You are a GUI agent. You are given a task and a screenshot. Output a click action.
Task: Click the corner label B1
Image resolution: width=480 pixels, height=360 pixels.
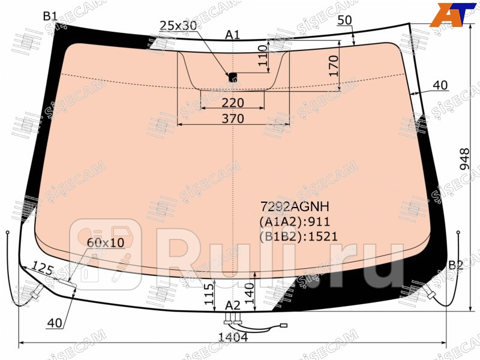point(50,16)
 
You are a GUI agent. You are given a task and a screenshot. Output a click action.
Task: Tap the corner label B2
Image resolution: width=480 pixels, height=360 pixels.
point(456,265)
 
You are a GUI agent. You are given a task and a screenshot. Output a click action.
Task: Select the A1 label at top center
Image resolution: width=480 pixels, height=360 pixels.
point(233,35)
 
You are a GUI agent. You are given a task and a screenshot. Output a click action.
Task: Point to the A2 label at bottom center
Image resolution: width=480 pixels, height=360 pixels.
point(233,305)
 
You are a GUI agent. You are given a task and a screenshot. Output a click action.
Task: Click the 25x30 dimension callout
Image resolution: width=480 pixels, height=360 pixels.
point(178,25)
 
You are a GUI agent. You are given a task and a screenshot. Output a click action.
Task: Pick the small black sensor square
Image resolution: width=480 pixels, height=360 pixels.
point(233,77)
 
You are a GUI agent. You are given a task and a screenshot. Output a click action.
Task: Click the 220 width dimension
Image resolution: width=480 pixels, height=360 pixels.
point(233,103)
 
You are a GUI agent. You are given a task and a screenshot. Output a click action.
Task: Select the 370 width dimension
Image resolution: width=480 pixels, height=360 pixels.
point(233,118)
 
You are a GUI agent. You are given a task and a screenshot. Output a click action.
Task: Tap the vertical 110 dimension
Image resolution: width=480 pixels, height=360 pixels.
point(263,55)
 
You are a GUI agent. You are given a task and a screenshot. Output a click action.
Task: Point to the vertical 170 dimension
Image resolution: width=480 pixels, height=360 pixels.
point(334,66)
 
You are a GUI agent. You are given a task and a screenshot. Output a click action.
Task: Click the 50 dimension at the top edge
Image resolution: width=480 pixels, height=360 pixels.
point(344,20)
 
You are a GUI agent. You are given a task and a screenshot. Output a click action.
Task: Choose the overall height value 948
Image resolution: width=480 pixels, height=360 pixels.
point(464,159)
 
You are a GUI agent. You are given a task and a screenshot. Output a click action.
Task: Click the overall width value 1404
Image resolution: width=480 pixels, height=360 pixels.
point(233,337)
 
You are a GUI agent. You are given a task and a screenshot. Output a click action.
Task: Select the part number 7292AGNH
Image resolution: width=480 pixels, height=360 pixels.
point(295,206)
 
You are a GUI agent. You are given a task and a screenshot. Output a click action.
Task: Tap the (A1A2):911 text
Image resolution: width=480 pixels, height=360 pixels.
point(295,221)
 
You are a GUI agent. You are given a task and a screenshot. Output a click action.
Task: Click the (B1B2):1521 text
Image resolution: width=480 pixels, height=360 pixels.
point(298,236)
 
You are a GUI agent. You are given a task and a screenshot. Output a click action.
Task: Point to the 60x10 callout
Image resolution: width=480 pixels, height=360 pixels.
point(106,242)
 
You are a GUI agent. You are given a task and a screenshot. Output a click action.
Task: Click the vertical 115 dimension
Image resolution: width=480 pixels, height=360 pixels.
point(209,294)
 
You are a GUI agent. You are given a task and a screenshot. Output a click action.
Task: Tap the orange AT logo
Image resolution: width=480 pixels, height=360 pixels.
point(453,14)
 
